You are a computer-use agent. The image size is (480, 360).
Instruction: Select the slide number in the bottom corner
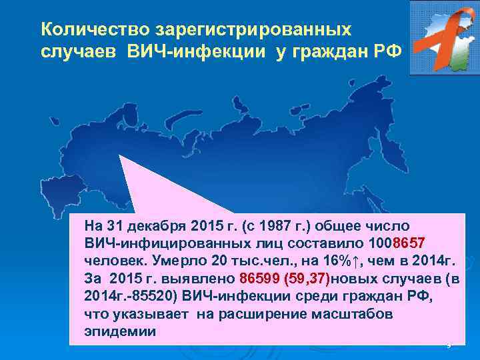(x=448, y=345)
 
